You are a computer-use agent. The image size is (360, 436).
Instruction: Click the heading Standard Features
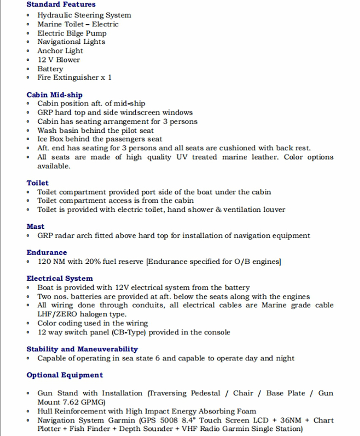61,5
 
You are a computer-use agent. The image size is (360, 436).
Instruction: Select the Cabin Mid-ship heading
54,95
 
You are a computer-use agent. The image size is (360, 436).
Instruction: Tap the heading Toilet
37,183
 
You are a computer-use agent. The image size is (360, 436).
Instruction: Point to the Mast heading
35,226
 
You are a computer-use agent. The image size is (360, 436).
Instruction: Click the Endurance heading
47,252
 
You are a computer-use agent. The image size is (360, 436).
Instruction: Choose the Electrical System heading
59,279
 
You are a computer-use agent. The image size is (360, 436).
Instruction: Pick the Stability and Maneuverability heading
82,349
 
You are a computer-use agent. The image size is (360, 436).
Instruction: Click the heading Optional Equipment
65,375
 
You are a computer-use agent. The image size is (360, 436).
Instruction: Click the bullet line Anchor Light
60,51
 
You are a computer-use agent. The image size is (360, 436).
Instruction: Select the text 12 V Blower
59,60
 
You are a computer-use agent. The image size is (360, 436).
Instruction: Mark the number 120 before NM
45,262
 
